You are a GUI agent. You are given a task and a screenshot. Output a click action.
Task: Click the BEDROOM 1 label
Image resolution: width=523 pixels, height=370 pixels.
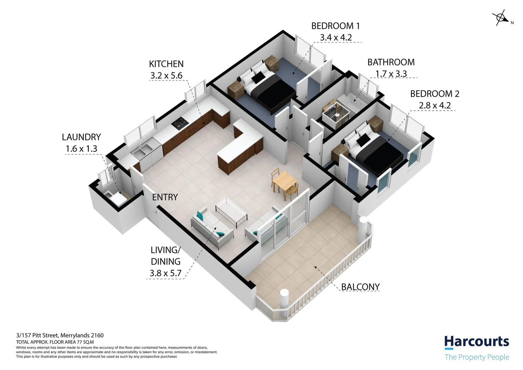coord(335,26)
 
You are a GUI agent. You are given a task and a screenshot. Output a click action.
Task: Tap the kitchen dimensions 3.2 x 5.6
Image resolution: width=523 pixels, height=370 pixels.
coord(166,76)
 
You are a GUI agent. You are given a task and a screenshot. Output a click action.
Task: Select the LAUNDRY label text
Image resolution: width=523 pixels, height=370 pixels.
coord(81,137)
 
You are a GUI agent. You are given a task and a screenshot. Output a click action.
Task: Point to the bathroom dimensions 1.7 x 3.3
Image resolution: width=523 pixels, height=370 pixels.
coord(391,74)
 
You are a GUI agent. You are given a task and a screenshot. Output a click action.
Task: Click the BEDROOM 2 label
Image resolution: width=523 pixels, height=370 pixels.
coord(434,94)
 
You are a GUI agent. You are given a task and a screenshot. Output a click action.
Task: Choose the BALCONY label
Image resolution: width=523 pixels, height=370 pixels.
coord(360,287)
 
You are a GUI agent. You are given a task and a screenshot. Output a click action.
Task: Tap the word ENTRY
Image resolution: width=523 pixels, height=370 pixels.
coord(165,197)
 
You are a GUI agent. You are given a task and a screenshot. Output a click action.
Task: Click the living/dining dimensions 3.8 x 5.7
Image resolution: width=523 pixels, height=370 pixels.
coord(165,273)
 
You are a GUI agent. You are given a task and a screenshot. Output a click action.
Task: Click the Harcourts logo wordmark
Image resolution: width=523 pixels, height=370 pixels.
coord(476,342)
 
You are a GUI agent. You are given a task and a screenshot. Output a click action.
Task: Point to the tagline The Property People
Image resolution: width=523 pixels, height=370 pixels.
coord(476,357)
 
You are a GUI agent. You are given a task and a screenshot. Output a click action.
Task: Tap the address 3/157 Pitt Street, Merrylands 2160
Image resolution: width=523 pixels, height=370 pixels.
coord(60,335)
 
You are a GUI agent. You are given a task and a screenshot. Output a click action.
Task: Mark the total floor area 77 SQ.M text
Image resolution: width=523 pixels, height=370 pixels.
coord(55,342)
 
